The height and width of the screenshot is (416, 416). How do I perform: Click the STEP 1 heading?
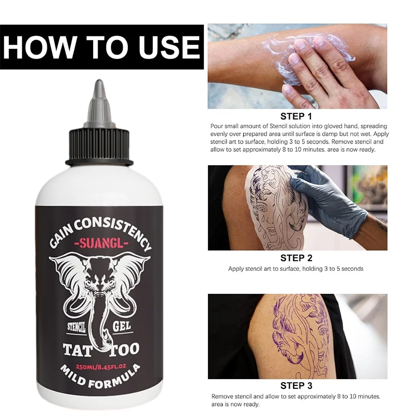tap(296, 116)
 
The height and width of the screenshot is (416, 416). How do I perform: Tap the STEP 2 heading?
tap(296, 257)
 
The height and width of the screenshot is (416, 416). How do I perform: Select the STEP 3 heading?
tap(296, 385)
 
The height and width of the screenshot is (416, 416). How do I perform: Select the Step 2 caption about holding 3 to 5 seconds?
tap(296, 269)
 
